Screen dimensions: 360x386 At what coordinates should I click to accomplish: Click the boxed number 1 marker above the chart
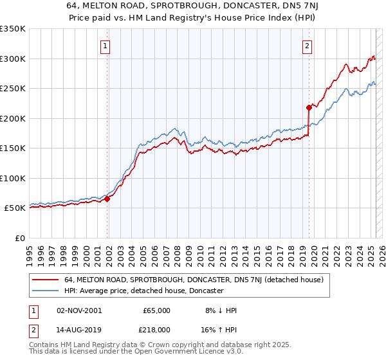click(105, 46)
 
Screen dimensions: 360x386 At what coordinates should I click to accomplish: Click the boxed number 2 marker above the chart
click(307, 46)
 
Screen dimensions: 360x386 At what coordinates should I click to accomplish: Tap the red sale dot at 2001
click(107, 199)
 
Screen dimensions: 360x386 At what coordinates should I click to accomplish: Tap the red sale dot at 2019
click(309, 107)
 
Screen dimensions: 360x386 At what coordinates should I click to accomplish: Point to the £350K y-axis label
click(13, 29)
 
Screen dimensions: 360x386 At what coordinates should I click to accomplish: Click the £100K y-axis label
click(13, 178)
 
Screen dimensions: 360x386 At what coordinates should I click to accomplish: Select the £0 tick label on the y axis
click(19, 238)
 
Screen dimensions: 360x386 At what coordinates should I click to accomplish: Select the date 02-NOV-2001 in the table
click(78, 310)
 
